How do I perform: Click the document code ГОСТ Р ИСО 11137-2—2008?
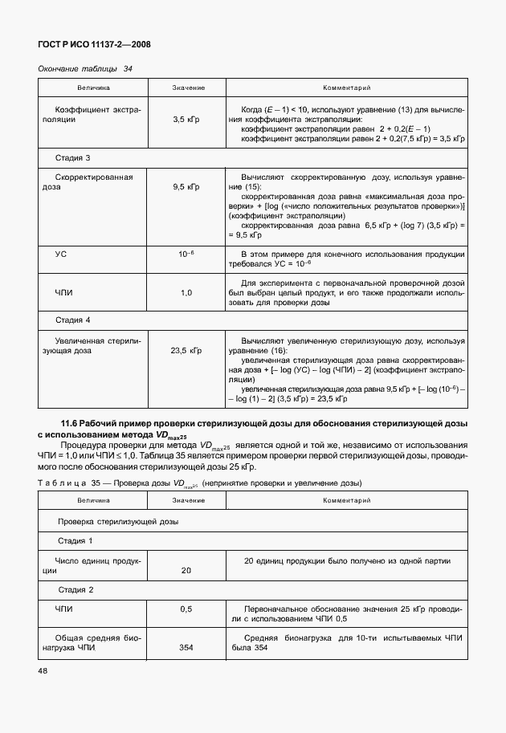[95, 44]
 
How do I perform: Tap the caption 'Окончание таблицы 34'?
[85, 68]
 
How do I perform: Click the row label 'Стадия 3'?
[72, 157]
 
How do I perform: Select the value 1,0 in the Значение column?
[186, 293]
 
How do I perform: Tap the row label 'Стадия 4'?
[72, 320]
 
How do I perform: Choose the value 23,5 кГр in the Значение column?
[186, 350]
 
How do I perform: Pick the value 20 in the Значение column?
[186, 571]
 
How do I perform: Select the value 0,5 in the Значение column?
[186, 609]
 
